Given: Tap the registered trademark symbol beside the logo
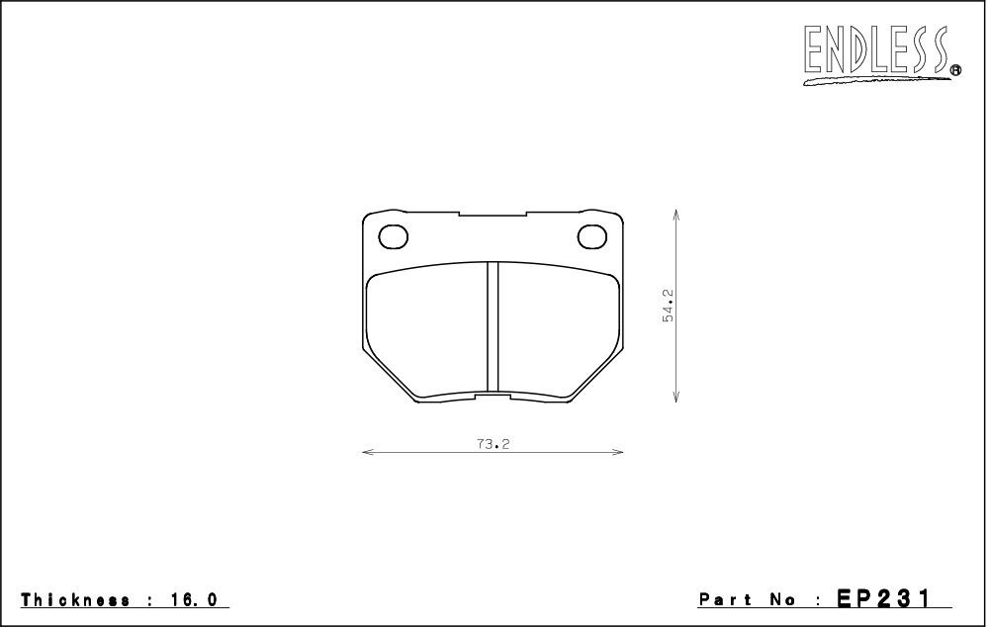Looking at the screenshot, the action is [x=955, y=70].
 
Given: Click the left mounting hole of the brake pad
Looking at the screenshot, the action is [x=393, y=236].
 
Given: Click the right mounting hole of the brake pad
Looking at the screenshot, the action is [x=592, y=236].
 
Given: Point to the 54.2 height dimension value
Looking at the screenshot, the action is [x=668, y=306].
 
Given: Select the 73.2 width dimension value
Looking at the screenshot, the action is [x=493, y=444].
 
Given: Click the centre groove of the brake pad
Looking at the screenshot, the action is [x=493, y=327].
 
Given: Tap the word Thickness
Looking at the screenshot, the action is [x=76, y=599].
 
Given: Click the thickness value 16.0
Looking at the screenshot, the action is [x=194, y=599].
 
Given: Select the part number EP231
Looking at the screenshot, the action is [x=883, y=598].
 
